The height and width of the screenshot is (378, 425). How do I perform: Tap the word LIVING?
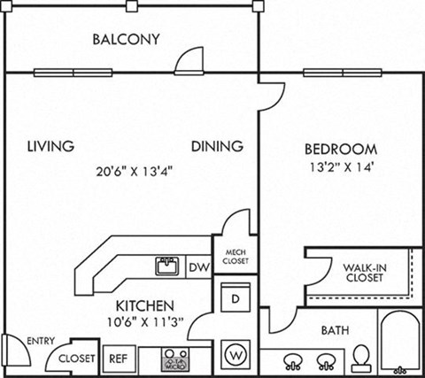tap(50, 146)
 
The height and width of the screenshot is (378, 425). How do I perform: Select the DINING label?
tap(216, 146)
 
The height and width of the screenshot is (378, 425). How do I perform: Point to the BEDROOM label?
tap(341, 149)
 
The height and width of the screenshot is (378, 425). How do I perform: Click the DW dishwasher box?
tap(199, 266)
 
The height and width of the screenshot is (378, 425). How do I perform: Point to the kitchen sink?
tap(166, 266)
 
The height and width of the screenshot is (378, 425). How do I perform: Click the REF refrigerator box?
tap(116, 359)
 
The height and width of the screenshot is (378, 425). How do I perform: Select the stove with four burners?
tap(172, 359)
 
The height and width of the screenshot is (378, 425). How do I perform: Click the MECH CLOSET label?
tap(235, 257)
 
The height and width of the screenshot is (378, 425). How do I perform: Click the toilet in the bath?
tap(360, 357)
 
